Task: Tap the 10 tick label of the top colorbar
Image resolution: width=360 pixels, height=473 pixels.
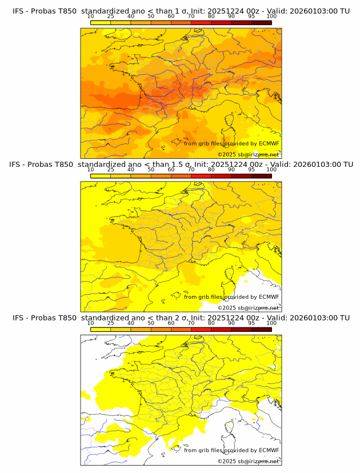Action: (90, 17)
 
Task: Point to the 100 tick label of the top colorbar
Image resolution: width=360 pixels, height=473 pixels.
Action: (271, 17)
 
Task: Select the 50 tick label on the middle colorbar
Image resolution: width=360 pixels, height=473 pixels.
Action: (151, 170)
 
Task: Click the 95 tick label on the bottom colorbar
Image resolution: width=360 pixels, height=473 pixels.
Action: (251, 323)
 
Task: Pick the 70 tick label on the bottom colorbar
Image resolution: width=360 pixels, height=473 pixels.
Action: (191, 323)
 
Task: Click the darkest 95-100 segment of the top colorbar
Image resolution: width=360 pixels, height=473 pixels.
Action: (261, 22)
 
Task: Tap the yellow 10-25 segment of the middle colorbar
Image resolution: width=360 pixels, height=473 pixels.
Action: (100, 175)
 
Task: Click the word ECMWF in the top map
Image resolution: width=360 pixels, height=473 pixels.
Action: (269, 144)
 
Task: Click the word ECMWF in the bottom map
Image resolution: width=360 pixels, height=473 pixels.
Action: (269, 450)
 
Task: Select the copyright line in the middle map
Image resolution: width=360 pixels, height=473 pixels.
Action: (249, 307)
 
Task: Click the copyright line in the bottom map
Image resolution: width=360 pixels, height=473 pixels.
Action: (249, 460)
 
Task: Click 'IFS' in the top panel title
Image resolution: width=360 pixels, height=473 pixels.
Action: (19, 11)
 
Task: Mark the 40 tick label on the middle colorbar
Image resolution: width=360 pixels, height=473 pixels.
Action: (131, 170)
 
